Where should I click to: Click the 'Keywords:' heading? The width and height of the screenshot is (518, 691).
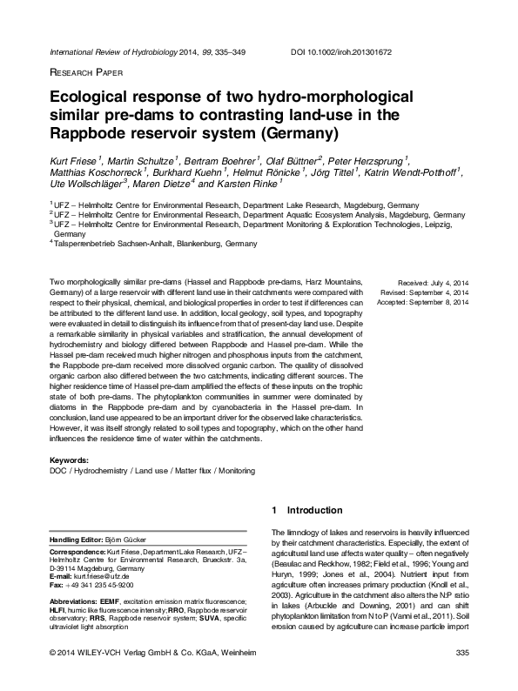71,459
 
